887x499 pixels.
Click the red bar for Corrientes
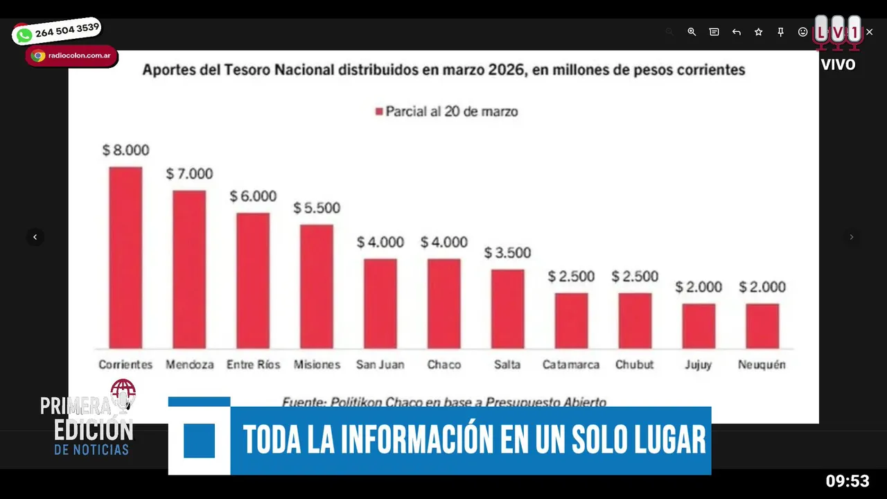pos(125,257)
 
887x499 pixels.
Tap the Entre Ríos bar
pos(253,280)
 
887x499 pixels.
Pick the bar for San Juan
pos(380,303)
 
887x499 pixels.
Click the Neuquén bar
pos(762,326)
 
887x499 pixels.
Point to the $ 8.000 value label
pos(125,150)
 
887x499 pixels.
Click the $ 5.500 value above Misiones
pos(317,208)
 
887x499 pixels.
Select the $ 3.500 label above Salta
pos(507,253)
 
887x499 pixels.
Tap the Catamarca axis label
pos(571,365)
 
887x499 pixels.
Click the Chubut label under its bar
pos(634,365)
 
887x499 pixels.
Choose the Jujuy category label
pos(698,365)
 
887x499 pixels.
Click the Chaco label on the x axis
pos(444,365)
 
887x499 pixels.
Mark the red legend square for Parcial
pos(379,112)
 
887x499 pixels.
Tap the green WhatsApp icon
pos(24,35)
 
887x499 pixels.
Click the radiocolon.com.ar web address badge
pos(71,56)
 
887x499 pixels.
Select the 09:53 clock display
pos(847,481)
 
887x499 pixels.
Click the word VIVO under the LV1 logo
pos(838,65)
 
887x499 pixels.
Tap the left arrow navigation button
pos(35,237)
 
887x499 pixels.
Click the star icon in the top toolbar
pos(758,32)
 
